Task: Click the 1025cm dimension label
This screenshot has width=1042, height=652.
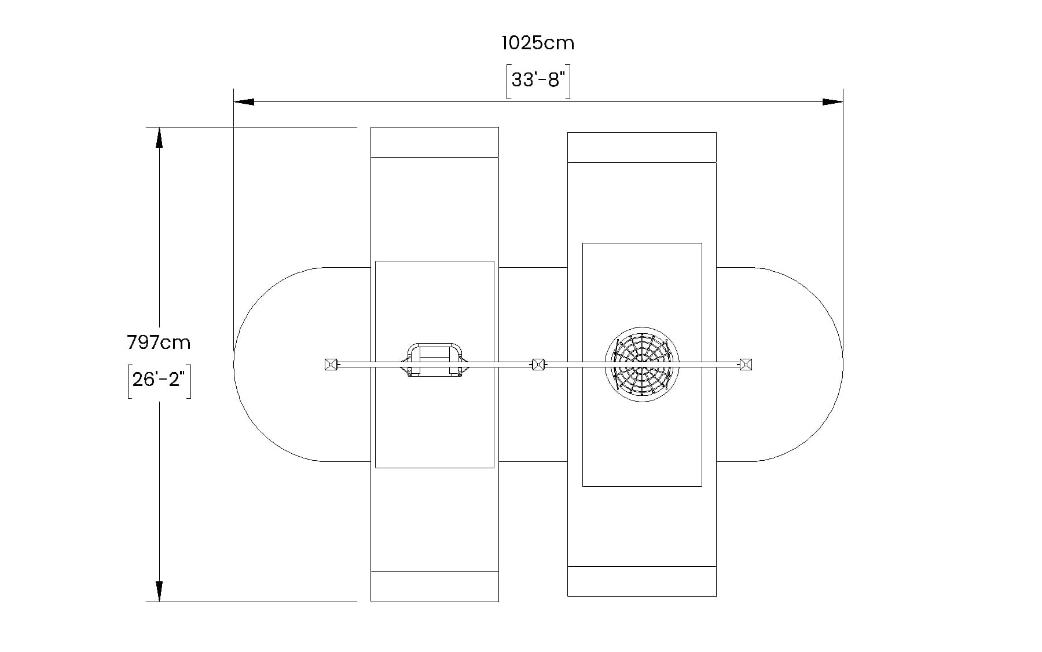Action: point(538,43)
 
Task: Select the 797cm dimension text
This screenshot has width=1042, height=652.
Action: point(159,343)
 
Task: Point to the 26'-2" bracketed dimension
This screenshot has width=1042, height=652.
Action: point(159,380)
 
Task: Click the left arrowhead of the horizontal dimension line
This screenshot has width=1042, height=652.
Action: point(244,102)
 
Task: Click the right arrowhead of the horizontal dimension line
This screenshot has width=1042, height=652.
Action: point(832,102)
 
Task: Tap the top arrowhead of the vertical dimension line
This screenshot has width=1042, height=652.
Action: point(159,137)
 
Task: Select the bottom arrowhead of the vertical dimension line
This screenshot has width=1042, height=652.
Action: point(159,591)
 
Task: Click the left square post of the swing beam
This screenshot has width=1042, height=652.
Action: point(331,365)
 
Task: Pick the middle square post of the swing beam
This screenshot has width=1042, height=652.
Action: point(538,365)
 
